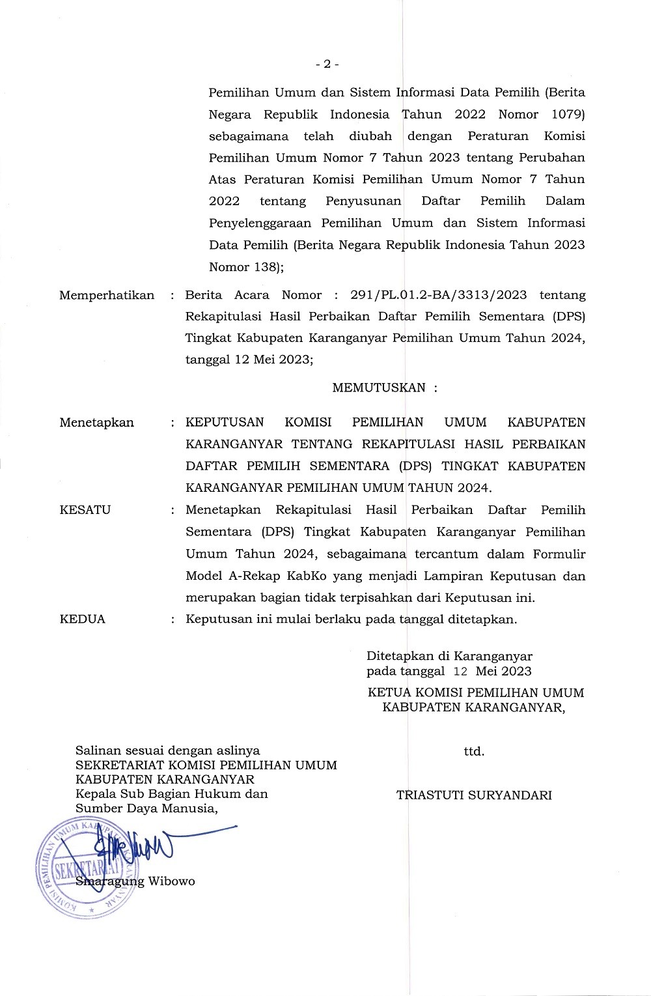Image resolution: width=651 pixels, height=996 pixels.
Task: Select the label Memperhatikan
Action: tap(107, 295)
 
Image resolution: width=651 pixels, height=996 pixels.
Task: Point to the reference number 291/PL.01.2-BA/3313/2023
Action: tap(438, 295)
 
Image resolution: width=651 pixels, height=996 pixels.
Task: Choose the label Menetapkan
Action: tap(96, 422)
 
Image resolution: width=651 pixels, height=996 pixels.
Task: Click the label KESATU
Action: tap(85, 510)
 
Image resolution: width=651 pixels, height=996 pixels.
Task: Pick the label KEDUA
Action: tap(82, 619)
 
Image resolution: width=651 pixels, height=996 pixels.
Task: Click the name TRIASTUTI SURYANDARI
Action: tap(474, 795)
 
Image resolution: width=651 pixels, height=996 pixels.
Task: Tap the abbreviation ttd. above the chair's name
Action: tap(474, 751)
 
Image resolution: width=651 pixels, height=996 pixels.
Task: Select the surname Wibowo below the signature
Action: tap(172, 882)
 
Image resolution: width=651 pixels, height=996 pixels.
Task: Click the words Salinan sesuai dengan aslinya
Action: tap(167, 750)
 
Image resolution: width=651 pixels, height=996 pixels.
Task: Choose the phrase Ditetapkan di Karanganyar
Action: tap(449, 656)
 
